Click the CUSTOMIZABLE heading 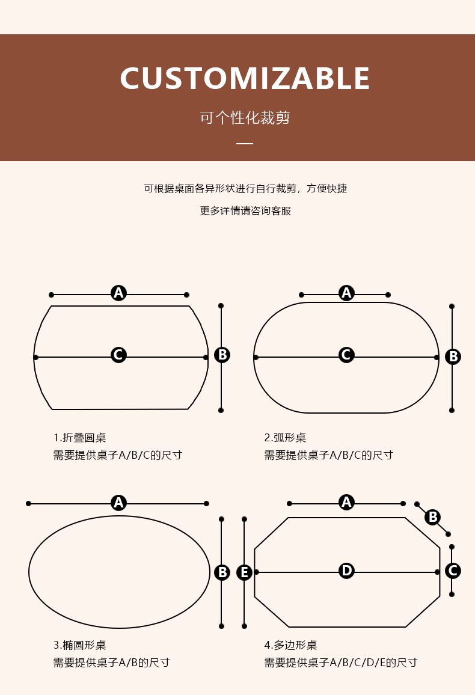coord(245,78)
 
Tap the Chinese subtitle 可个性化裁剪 coord(245,117)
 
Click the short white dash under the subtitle coord(245,143)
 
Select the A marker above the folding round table coord(118,293)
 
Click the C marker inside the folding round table coord(118,355)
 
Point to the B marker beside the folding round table coord(222,355)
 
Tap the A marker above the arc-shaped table coord(346,293)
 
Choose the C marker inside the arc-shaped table coord(346,355)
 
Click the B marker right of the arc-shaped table coord(453,357)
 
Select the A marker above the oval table coord(118,503)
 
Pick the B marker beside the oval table coord(222,572)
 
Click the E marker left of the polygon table coord(244,572)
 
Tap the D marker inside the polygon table coord(346,571)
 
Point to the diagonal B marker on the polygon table coord(432,517)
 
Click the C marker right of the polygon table coord(453,571)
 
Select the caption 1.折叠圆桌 coord(80,438)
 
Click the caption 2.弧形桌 coord(285,438)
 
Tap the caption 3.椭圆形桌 coord(80,645)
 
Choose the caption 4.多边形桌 coord(290,645)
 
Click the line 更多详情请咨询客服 coord(245,211)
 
